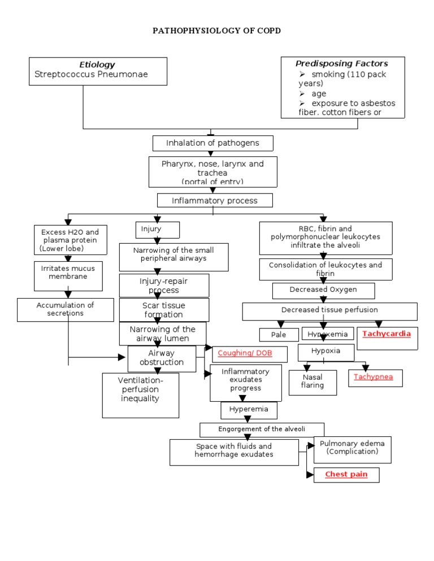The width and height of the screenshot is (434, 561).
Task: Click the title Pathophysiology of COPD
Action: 216,30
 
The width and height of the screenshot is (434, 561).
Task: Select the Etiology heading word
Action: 97,64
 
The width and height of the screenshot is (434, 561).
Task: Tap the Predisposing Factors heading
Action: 342,63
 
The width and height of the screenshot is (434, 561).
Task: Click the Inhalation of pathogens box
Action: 212,143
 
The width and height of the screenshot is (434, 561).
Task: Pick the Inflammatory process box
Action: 215,200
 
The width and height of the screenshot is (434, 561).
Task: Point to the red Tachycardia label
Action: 387,334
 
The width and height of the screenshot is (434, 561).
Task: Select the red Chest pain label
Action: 346,475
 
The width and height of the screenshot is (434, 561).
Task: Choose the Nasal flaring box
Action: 313,382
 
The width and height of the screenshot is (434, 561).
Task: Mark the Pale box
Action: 279,335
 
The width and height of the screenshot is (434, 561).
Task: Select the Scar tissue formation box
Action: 163,310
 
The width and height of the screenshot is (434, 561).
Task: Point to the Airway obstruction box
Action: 162,358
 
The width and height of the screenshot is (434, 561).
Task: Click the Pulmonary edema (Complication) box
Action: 352,448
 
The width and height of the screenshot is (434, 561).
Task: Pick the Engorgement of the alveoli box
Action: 262,429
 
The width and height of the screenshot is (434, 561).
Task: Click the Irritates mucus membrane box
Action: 68,273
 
